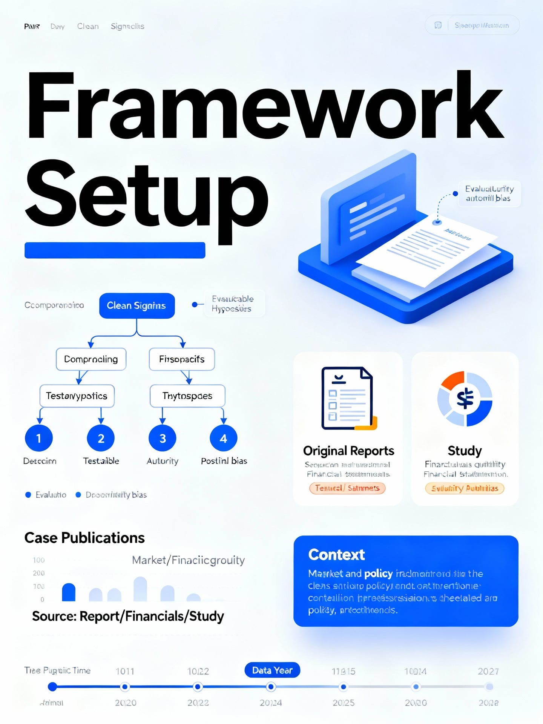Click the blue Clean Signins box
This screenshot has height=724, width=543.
(137, 305)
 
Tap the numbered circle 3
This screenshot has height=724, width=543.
(163, 438)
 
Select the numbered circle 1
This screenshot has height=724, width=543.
(38, 438)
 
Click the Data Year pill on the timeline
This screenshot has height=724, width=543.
(272, 670)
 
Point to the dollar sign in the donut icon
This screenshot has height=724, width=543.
(465, 399)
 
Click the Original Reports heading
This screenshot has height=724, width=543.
(348, 451)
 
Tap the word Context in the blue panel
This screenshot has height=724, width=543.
(336, 555)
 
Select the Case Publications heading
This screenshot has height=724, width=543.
(84, 538)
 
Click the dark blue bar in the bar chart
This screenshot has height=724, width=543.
(69, 592)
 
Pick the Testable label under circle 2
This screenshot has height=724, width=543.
(101, 461)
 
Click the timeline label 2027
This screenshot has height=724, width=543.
(488, 671)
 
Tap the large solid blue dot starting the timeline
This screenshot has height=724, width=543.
(53, 687)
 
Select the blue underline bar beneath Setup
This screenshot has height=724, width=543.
(115, 250)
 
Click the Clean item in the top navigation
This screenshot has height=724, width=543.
(88, 26)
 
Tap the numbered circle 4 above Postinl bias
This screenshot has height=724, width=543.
(223, 438)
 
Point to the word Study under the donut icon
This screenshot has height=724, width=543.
(465, 451)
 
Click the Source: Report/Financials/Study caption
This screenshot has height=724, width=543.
(128, 616)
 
